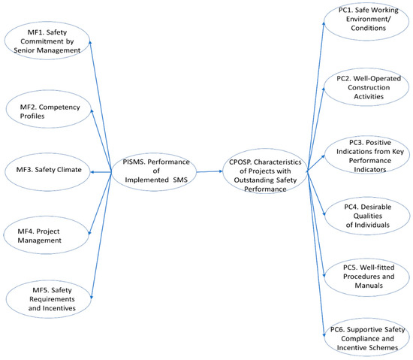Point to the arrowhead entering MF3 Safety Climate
coord(93,172)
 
